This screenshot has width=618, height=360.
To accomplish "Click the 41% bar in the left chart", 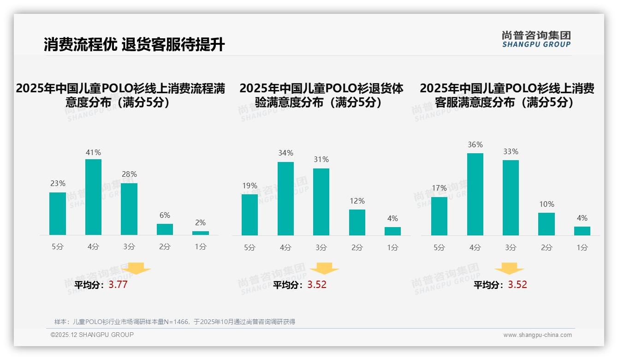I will [93, 197].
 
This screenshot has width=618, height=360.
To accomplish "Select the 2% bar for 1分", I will [200, 233].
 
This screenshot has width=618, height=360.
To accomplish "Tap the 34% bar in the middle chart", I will [285, 198].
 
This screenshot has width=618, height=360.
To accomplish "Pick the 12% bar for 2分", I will [357, 222].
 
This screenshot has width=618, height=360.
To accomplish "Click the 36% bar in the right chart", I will [475, 194].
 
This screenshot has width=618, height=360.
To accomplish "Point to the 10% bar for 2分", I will [547, 224].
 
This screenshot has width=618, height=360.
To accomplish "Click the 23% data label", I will [58, 183].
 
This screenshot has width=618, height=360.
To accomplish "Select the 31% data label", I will [321, 159].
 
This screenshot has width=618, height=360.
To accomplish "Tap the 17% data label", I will [439, 188].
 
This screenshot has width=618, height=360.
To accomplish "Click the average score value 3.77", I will [118, 285].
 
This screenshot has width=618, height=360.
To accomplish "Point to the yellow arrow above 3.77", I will [136, 268].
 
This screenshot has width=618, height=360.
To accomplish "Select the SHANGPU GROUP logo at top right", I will [536, 39].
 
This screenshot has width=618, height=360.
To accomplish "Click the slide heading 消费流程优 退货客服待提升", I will [134, 45].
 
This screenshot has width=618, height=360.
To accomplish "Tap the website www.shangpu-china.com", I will [537, 335].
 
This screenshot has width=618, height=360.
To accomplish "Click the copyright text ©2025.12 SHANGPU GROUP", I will [92, 335].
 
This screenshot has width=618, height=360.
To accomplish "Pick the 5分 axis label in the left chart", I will [58, 247].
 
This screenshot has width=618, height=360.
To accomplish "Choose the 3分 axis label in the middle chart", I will [321, 247].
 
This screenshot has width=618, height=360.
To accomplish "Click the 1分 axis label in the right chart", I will [582, 247].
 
